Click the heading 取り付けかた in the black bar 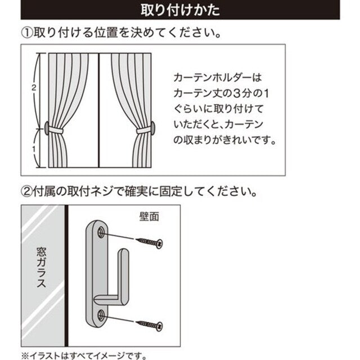click(179, 10)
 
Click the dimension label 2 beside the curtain click(34, 88)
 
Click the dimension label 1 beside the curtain click(34, 149)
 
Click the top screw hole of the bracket click(101, 231)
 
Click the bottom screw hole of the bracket click(101, 314)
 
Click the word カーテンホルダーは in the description click(215, 75)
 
